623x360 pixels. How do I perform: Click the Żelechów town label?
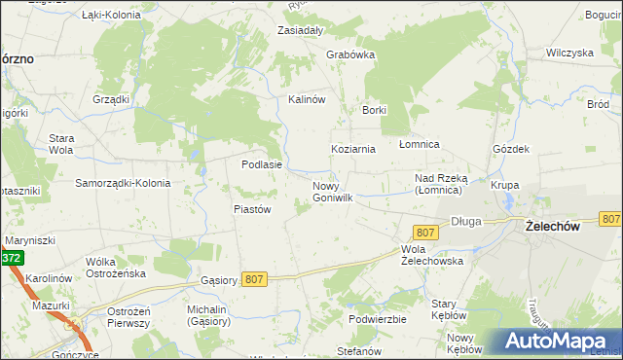(x=552, y=226)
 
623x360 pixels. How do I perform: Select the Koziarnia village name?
(x=352, y=149)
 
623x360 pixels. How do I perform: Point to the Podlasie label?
(x=262, y=164)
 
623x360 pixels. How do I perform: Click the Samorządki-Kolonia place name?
(x=123, y=183)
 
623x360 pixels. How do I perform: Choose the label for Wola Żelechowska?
(x=431, y=254)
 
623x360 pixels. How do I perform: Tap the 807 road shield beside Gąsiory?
(x=254, y=279)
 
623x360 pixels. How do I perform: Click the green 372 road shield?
(x=11, y=258)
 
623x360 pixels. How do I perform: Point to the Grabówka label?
(x=350, y=55)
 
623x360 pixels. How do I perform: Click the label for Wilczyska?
(x=569, y=53)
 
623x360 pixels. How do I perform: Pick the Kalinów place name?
(x=305, y=99)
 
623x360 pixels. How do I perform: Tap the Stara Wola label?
(x=61, y=144)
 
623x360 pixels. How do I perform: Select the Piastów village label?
(x=251, y=208)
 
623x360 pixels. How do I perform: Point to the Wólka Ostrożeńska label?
(x=115, y=267)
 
